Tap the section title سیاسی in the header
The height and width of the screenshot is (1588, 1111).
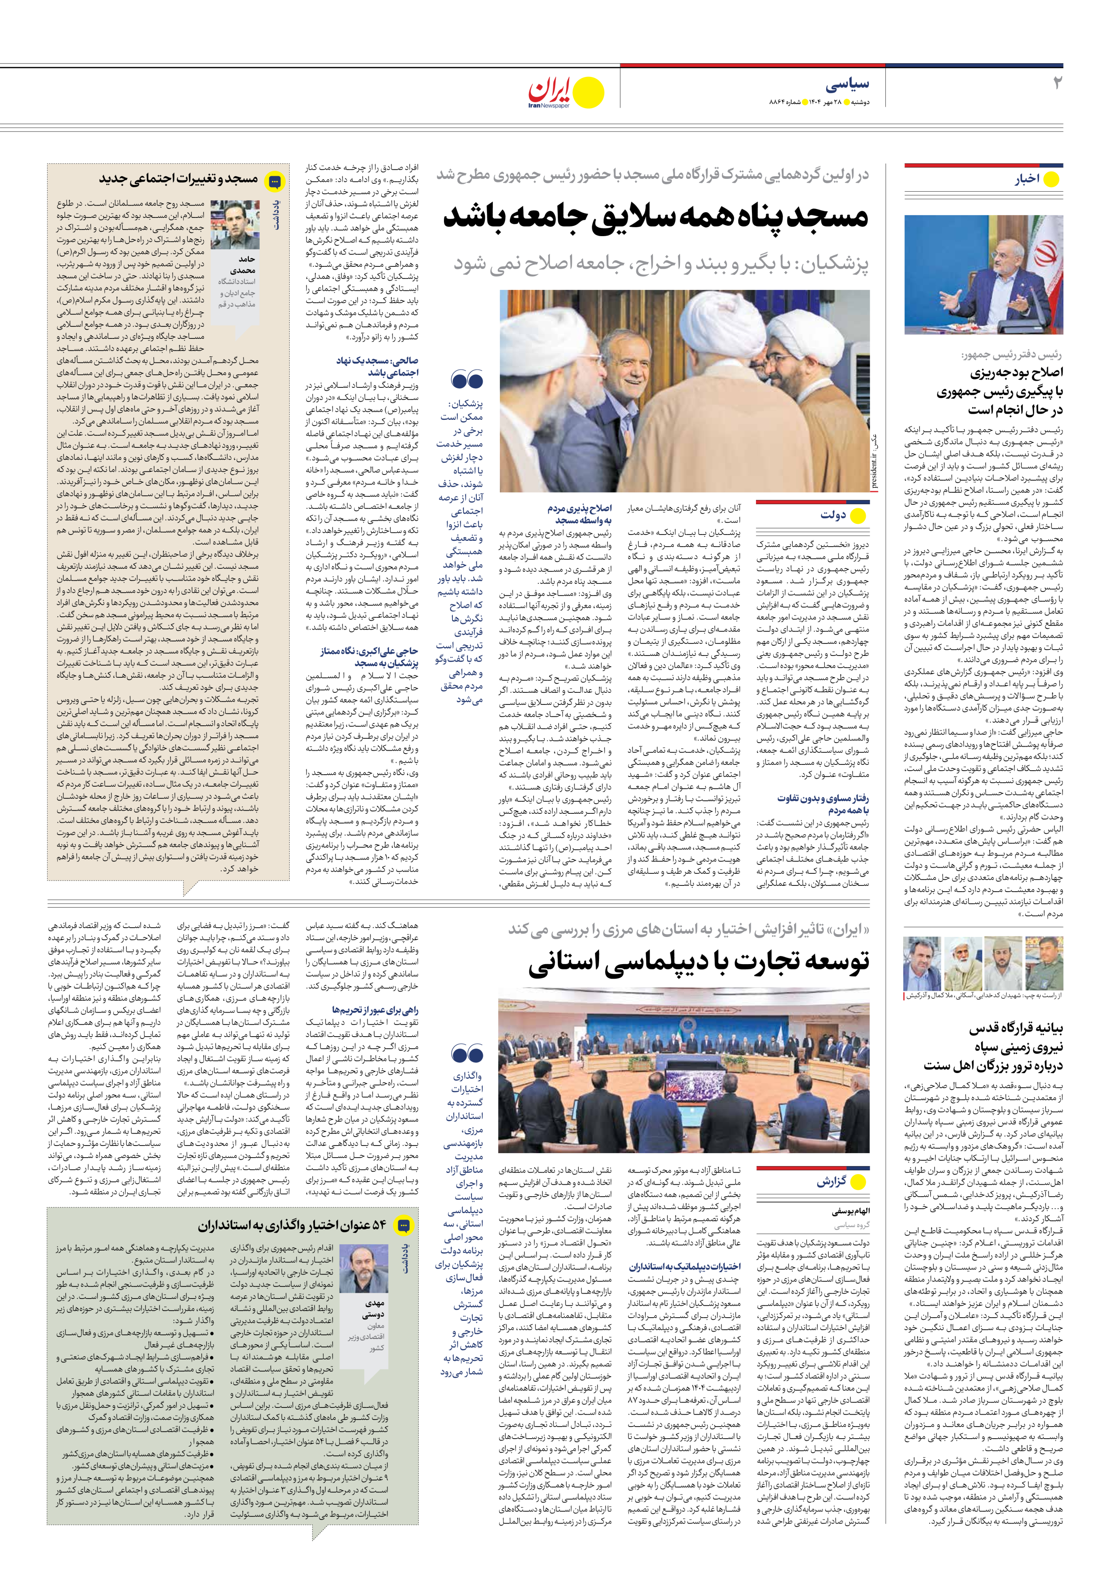[847, 85]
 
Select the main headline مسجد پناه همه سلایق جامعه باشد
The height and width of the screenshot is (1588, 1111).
[655, 217]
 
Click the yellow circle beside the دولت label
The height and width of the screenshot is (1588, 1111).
[858, 515]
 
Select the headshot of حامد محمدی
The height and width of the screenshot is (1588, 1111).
[235, 225]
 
